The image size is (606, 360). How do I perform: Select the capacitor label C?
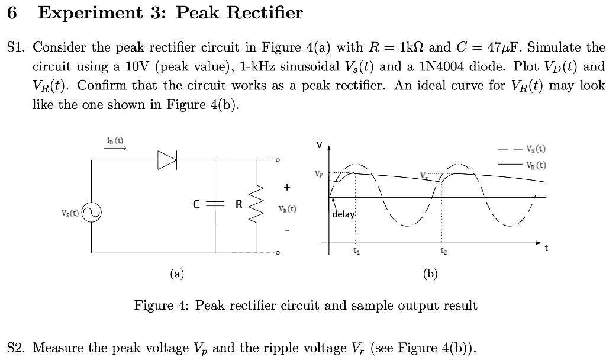pyautogui.click(x=196, y=205)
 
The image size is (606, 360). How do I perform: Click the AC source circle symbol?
pyautogui.click(x=91, y=211)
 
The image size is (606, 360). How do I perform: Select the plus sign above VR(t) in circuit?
pyautogui.click(x=287, y=187)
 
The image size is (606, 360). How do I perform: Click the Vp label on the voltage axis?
pyautogui.click(x=318, y=174)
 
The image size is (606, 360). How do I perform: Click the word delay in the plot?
pyautogui.click(x=343, y=214)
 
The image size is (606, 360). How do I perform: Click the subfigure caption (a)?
pyautogui.click(x=176, y=274)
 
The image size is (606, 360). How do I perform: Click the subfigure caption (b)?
pyautogui.click(x=430, y=274)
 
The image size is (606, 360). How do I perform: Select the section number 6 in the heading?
pyautogui.click(x=12, y=13)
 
